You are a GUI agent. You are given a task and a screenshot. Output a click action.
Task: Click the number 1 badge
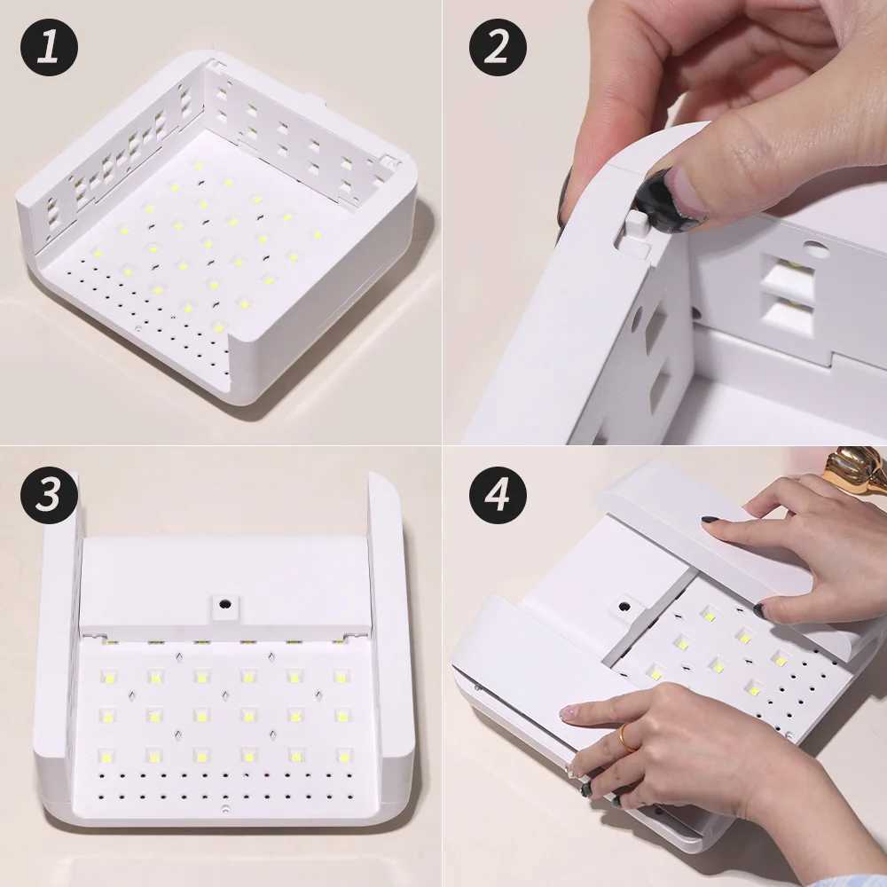pos(50,47)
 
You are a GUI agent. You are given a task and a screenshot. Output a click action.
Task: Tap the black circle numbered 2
pos(498,47)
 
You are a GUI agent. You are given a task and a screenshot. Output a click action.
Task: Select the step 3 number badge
pos(50,495)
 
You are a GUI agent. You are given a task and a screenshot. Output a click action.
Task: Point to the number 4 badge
pos(498,495)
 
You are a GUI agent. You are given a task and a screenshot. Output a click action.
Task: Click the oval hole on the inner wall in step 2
pos(816,250)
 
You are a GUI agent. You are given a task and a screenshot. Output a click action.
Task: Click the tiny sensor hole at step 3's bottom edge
pos(225,810)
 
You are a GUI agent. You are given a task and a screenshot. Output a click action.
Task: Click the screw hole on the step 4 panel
pos(624,608)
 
